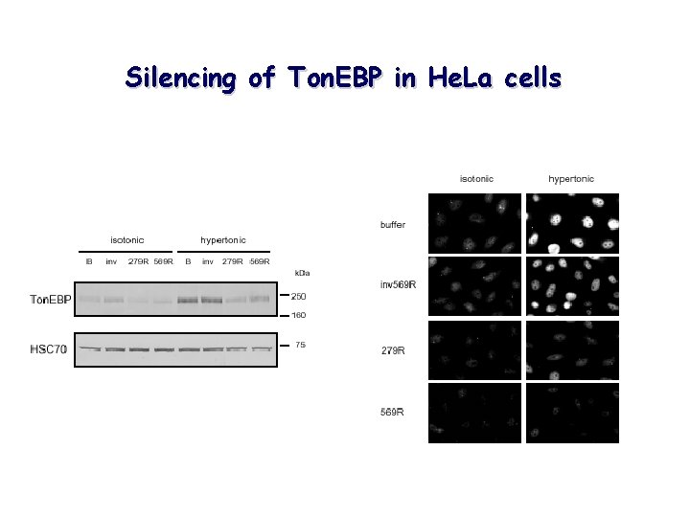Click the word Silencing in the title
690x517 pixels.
[x=181, y=79]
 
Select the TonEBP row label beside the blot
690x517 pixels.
[x=50, y=300]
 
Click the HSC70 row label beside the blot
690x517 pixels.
[x=48, y=349]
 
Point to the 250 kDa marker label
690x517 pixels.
[x=299, y=296]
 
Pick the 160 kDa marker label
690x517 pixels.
[x=299, y=315]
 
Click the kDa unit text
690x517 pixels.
[x=302, y=274]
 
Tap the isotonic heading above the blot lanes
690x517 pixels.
[x=126, y=239]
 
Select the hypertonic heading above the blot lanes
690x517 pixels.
[x=222, y=239]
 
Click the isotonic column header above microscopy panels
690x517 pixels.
[x=477, y=179]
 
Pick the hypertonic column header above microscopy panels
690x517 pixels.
[x=571, y=179]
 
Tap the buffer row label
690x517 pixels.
[x=393, y=225]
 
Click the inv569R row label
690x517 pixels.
[x=398, y=284]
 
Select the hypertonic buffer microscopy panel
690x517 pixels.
[x=572, y=223]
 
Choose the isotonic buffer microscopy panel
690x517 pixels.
[x=477, y=223]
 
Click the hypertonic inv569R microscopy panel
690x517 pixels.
[x=572, y=286]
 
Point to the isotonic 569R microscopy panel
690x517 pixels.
[x=477, y=413]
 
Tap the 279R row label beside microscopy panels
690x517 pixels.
[x=393, y=350]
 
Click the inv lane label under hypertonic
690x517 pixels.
[x=208, y=261]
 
